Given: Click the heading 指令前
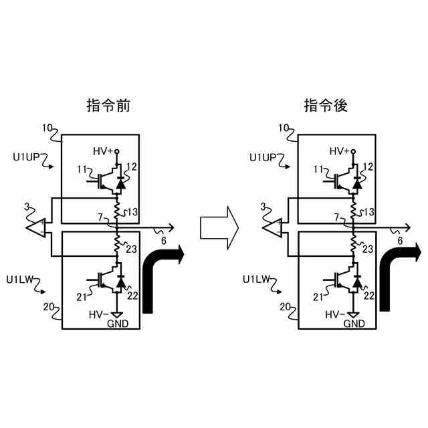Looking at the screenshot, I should click(x=108, y=106).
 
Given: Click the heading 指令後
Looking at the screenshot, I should click(x=325, y=106).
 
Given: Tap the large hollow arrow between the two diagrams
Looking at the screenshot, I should click(x=219, y=228).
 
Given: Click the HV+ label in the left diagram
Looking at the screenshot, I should click(x=103, y=151).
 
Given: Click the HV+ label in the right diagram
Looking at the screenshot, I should click(x=338, y=151).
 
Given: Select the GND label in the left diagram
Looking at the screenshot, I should click(x=118, y=324).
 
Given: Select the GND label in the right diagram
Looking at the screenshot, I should click(x=354, y=324).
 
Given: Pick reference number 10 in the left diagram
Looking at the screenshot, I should click(x=47, y=126).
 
